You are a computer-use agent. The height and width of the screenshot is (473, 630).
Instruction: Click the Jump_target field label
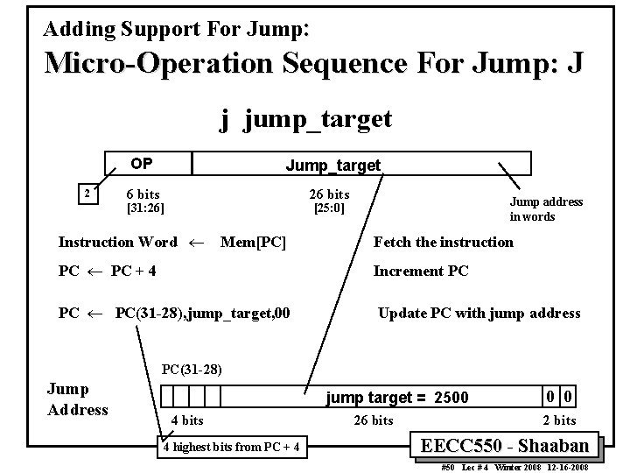click(333, 165)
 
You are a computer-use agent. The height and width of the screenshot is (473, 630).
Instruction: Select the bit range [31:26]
click(145, 208)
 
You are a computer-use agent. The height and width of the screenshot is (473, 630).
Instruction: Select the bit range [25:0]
click(329, 208)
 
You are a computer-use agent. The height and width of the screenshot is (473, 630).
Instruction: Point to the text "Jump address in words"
click(546, 208)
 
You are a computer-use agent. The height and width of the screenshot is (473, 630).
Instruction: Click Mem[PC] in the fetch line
click(254, 242)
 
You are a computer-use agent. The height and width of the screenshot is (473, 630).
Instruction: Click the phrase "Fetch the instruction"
click(444, 242)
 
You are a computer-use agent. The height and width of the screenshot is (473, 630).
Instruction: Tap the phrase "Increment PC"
click(421, 271)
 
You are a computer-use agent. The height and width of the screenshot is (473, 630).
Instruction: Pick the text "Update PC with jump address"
click(479, 313)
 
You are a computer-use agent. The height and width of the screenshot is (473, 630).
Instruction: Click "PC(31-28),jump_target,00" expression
click(203, 314)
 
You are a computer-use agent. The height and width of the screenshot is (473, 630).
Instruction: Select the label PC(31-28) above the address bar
click(192, 370)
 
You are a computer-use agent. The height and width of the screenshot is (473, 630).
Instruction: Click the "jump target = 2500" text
click(397, 398)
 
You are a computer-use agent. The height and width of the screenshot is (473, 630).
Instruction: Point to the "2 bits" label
click(559, 420)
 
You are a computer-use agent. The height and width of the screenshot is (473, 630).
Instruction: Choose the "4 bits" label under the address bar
click(188, 420)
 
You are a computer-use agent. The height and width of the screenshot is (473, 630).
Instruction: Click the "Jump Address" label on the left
click(77, 399)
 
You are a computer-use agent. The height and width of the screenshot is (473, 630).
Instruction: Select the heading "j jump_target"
click(305, 119)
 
